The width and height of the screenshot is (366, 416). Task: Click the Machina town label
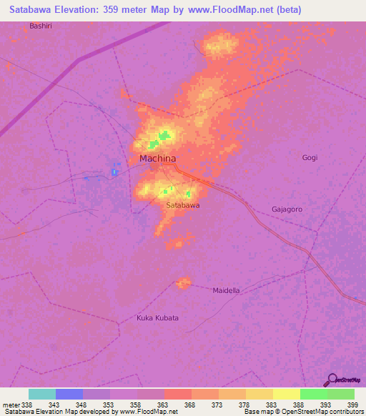pyautogui.click(x=157, y=159)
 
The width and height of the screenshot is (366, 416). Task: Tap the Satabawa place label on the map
pyautogui.click(x=182, y=205)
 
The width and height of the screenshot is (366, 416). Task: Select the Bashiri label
pyautogui.click(x=41, y=26)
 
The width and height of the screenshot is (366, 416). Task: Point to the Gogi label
pyautogui.click(x=310, y=157)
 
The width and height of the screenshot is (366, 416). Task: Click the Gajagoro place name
pyautogui.click(x=287, y=209)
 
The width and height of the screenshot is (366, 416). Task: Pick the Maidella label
pyautogui.click(x=227, y=290)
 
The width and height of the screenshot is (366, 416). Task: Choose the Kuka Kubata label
pyautogui.click(x=157, y=317)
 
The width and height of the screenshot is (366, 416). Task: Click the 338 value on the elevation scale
pyautogui.click(x=21, y=405)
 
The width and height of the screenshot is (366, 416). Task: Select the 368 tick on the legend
pyautogui.click(x=189, y=405)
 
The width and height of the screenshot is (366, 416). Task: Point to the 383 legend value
pyautogui.click(x=270, y=405)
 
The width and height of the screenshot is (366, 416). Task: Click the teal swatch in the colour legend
pyautogui.click(x=42, y=394)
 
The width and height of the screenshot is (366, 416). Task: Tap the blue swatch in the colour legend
pyautogui.click(x=69, y=394)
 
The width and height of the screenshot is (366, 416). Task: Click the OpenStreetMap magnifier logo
pyautogui.click(x=331, y=380)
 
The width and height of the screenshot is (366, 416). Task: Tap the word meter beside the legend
pyautogui.click(x=10, y=405)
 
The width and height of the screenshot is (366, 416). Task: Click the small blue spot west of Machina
pyautogui.click(x=114, y=172)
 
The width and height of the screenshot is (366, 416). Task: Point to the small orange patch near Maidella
pyautogui.click(x=184, y=283)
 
